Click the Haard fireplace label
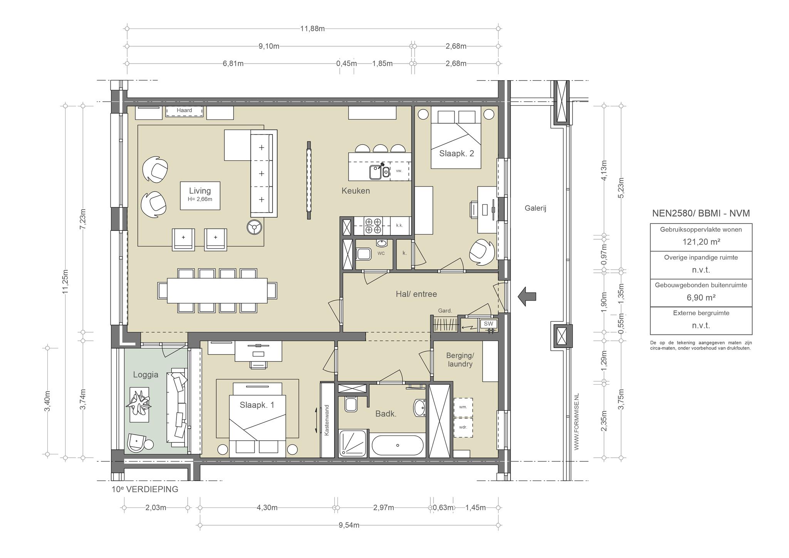pos(184,111)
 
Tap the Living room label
pos(200,191)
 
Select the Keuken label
pos(356,191)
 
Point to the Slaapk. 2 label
pos(457,153)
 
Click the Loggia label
pos(146,375)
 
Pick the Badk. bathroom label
pos(386,414)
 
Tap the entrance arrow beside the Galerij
pos(527,296)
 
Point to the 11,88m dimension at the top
pos(312,29)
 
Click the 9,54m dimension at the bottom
pos(349,525)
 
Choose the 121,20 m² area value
pos(701,242)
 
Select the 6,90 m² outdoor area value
pos(701,297)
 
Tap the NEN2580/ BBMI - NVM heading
pos(701,213)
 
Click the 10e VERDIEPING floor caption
pos(145,489)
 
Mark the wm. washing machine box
pos(463,407)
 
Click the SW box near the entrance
pos(489,324)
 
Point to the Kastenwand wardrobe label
pos(327,420)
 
